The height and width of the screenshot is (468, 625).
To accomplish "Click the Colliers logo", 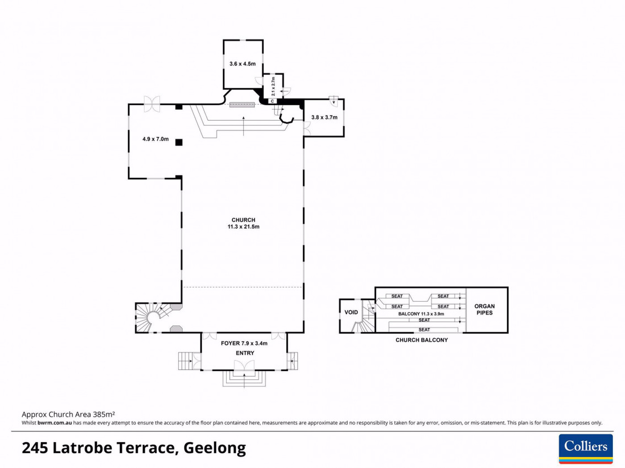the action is (586, 448).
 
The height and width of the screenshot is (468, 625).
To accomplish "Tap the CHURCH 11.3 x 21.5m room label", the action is (243, 223).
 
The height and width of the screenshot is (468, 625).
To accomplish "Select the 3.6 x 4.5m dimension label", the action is (242, 64).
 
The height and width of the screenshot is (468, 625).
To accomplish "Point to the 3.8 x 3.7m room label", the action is (324, 117).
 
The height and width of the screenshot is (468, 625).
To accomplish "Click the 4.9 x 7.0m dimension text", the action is (155, 139).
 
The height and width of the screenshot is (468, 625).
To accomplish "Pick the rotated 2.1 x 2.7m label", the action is (273, 86).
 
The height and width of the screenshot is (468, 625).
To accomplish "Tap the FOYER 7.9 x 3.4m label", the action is (244, 343).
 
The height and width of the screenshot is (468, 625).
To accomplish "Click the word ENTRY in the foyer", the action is (245, 353).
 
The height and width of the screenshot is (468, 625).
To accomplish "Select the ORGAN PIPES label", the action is (484, 309).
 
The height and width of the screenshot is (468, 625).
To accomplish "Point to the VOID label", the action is (351, 312).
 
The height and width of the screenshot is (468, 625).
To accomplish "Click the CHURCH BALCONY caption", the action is (422, 340).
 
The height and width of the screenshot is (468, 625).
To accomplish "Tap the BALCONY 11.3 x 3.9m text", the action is (421, 314).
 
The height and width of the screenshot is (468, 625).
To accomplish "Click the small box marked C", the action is (272, 101).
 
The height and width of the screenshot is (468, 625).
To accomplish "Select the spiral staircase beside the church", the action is (154, 317).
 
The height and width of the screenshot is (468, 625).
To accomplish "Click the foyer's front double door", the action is (244, 365).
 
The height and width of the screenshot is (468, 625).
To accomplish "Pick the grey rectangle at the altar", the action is (242, 105).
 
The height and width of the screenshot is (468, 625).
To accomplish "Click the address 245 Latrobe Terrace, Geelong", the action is (134, 448).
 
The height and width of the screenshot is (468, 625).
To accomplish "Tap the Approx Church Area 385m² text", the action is (68, 414).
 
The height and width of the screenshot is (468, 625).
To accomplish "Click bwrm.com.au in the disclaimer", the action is (54, 423).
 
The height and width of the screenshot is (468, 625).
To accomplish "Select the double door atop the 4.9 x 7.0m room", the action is (152, 104).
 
